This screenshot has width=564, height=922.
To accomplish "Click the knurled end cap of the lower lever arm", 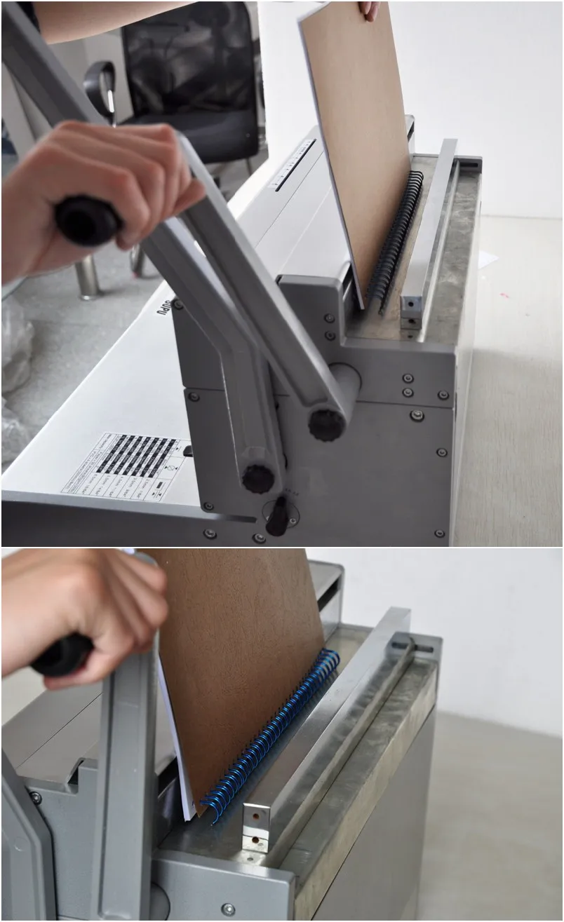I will (257, 477).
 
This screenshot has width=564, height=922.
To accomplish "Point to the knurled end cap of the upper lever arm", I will (327, 423).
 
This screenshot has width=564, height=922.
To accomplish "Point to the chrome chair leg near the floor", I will (88, 277).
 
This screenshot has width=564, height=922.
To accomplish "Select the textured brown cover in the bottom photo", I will (239, 666).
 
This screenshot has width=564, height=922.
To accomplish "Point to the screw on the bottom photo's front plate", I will (228, 909).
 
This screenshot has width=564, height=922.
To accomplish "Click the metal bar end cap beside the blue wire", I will (256, 827).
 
